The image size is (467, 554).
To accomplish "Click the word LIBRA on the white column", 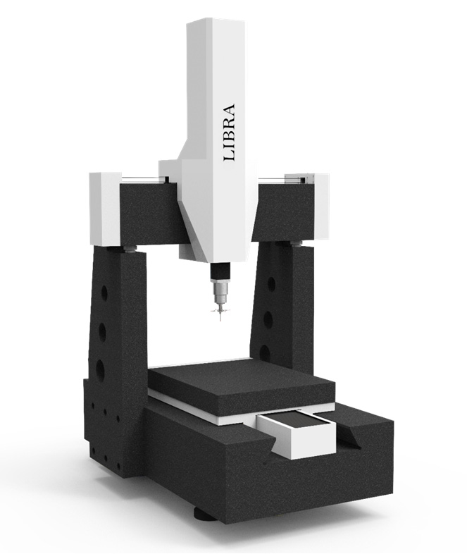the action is (x=229, y=133).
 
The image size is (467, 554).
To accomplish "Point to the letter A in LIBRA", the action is (x=229, y=109).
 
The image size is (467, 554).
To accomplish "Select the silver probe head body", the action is (x=220, y=291).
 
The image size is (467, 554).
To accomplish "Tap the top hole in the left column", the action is (x=104, y=293).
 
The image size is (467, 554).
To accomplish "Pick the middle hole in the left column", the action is (x=102, y=331).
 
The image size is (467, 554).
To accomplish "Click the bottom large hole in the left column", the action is (x=100, y=369).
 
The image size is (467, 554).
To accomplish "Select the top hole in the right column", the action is (x=271, y=284).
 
